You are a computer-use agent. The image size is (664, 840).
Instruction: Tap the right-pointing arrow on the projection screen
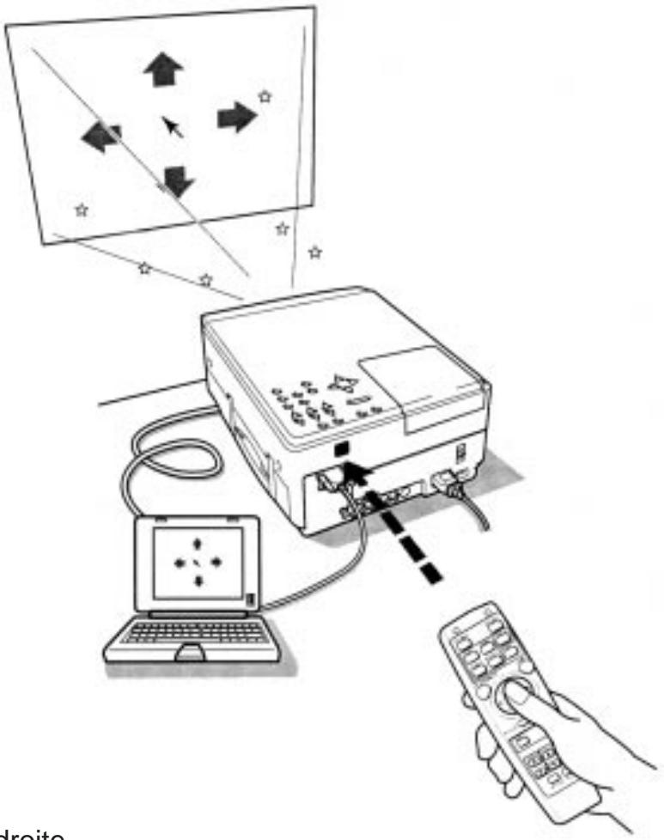coord(235,116)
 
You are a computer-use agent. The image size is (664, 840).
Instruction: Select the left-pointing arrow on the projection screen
coord(101,136)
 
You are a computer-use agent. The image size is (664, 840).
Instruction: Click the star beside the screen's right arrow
coord(265,97)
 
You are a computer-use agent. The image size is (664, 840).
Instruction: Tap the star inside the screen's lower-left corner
coord(82,209)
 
